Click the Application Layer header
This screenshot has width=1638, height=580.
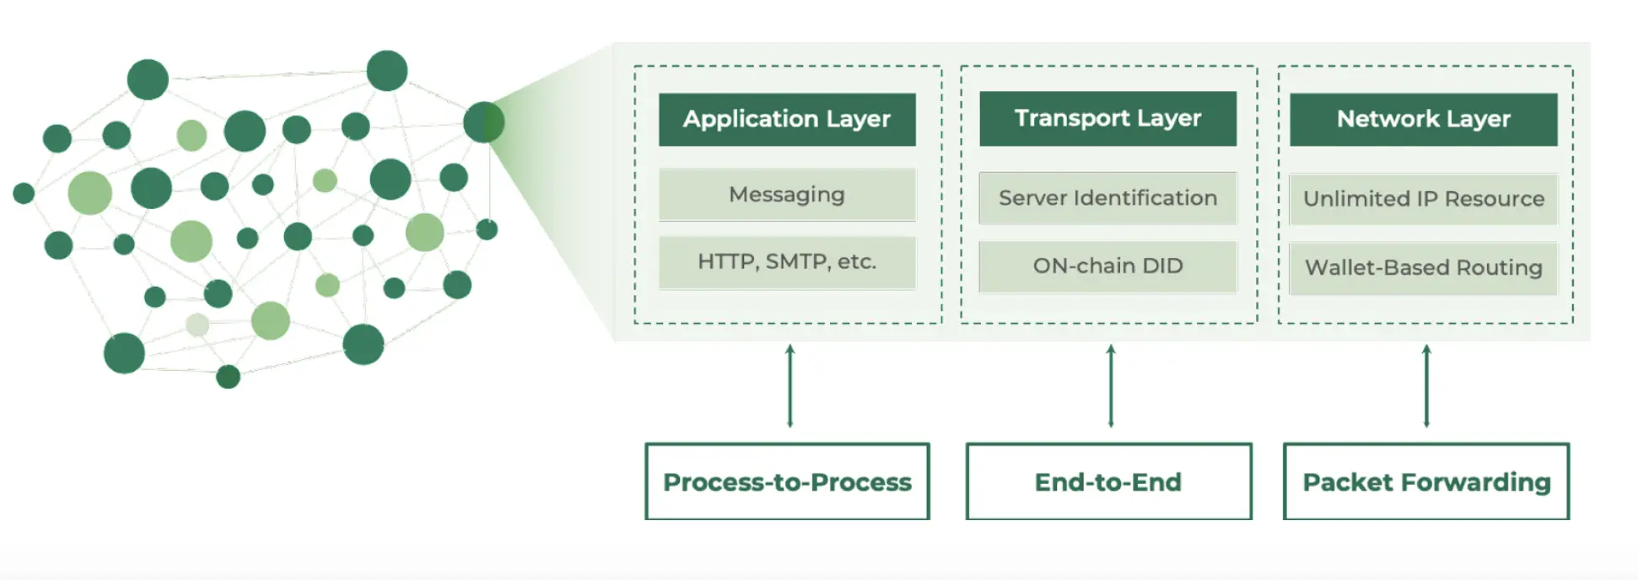click(x=787, y=119)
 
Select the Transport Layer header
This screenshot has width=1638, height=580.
click(x=1107, y=118)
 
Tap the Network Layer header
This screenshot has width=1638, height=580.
click(x=1423, y=119)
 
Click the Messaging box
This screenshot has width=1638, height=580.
click(x=787, y=195)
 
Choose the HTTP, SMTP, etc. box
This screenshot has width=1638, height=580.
click(x=787, y=262)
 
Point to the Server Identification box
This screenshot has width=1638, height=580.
click(x=1107, y=198)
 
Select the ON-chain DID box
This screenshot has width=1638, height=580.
click(x=1107, y=266)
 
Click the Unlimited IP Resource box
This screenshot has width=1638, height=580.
click(x=1423, y=199)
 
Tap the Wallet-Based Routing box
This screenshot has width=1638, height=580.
click(x=1423, y=268)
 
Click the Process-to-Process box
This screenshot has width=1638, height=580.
click(x=787, y=481)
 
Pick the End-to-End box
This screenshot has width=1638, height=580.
click(x=1108, y=481)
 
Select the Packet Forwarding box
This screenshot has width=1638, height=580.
click(x=1425, y=481)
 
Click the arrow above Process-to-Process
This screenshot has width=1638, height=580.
click(x=789, y=385)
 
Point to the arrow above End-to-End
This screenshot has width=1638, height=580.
click(x=1111, y=385)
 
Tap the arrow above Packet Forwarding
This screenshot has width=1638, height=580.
click(x=1426, y=385)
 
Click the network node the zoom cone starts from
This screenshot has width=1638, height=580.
click(x=483, y=122)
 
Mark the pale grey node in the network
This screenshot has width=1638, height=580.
click(x=197, y=325)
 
